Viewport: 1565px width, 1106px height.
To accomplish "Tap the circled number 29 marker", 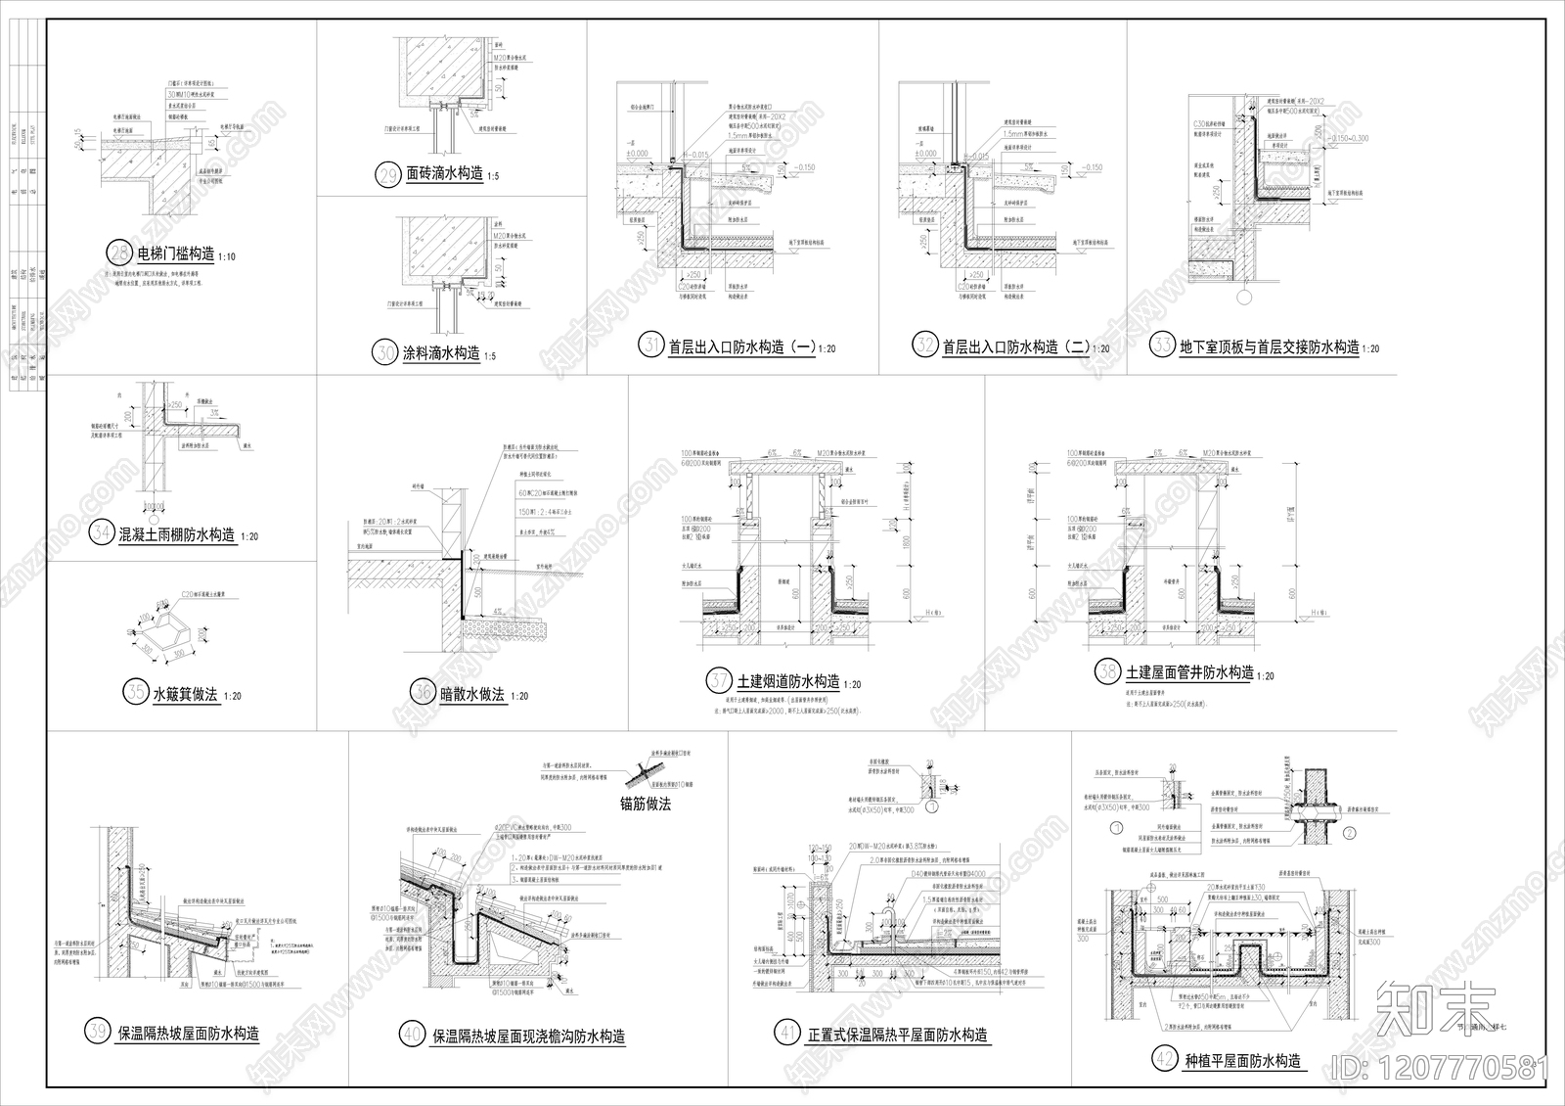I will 388,175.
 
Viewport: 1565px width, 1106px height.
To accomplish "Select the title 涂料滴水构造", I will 441,352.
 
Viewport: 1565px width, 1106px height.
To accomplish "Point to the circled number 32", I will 924,346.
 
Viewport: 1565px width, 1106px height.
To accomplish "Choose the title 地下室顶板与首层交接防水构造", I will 1269,346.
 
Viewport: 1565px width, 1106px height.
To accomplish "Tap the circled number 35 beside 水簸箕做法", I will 134,693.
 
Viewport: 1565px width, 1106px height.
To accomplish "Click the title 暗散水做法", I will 471,694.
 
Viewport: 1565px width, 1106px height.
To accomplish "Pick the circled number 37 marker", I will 719,681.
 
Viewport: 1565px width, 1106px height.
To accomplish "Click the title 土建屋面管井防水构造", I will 1188,672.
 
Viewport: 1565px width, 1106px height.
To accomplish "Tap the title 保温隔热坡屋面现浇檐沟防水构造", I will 528,1036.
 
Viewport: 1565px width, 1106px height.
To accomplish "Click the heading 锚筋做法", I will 646,804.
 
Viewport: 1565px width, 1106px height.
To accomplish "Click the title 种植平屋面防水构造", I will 1242,1061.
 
